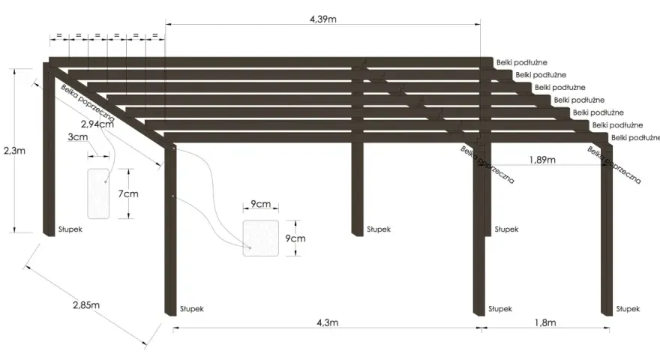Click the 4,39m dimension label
coord(322,19)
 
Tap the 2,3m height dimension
coord(15,151)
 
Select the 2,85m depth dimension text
coord(85,304)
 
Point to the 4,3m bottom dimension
coord(327,322)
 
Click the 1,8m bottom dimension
coord(545,322)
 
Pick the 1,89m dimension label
coord(542,160)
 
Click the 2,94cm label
coord(97,124)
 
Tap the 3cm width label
coord(78,136)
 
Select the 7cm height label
coord(128,193)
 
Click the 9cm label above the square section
coord(260,204)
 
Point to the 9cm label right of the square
coord(295,238)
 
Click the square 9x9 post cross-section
coord(260,238)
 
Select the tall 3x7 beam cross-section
coord(98,193)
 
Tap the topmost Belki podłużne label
coord(521,62)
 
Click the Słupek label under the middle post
coord(379,229)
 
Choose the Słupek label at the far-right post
coord(628,309)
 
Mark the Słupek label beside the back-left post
coord(70,229)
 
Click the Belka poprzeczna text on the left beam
coord(87,103)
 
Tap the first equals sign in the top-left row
coord(59,35)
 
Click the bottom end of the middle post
coord(357,235)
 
